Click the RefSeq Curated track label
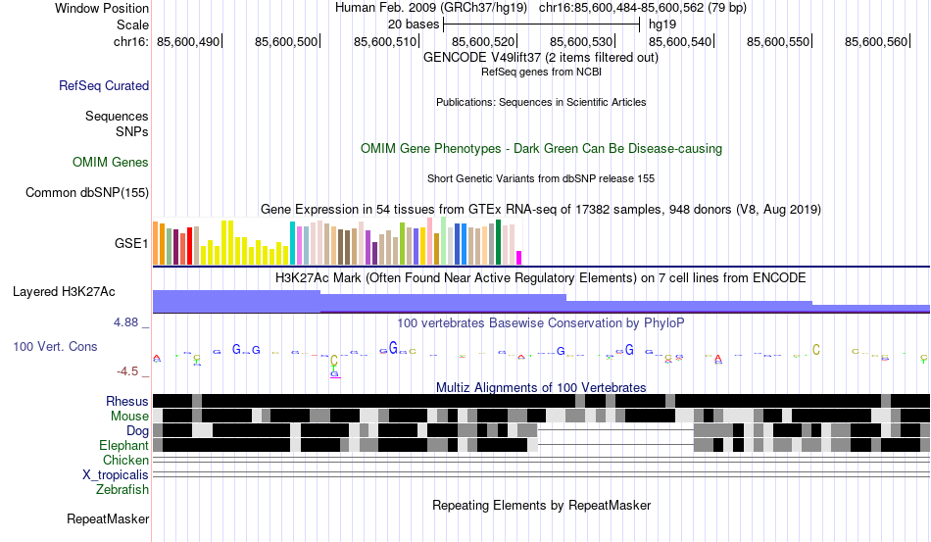point(104,86)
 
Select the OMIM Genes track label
point(111,163)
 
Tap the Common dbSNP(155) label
point(86,193)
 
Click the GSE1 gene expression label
point(131,242)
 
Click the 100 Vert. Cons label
point(55,347)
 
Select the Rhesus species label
point(127,401)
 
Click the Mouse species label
point(130,416)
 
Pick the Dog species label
point(137,430)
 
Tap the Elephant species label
point(123,445)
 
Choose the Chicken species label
point(126,460)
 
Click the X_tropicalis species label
point(116,474)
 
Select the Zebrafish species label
point(122,489)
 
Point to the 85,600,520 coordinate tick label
point(477,41)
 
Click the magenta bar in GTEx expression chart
point(519,258)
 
